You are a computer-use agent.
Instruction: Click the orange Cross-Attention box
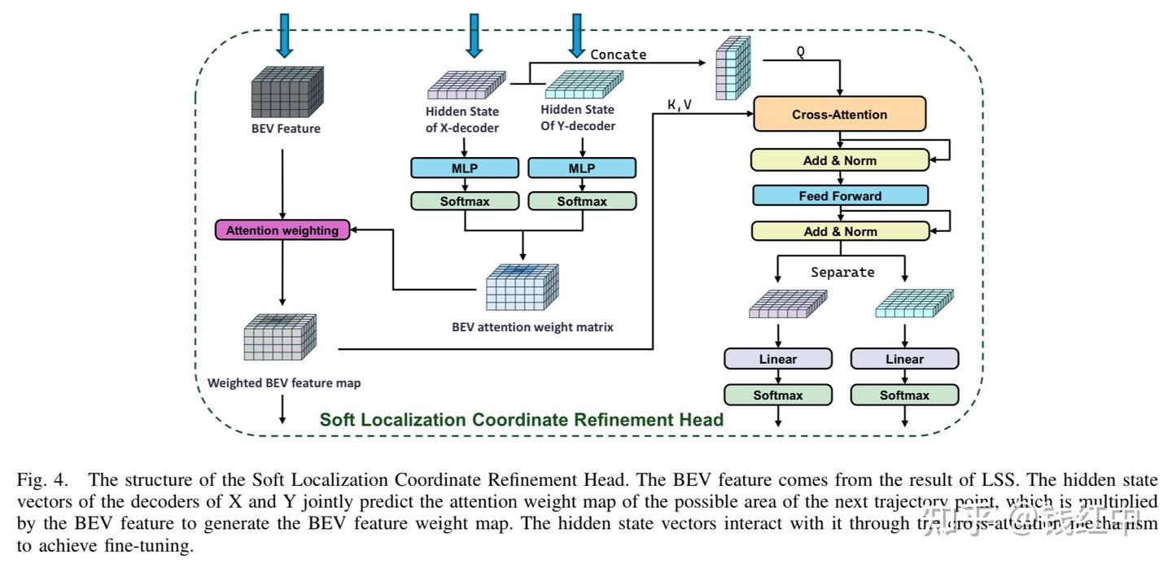839,114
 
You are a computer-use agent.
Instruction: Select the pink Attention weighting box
282,230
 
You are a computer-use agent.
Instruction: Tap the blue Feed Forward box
839,195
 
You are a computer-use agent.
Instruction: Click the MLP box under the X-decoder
464,168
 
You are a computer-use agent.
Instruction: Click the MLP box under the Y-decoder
581,168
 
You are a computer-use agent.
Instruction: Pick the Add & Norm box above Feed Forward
839,160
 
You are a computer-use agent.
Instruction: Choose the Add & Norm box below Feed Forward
839,231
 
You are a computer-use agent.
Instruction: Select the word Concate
618,55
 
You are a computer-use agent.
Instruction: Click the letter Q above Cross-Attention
801,51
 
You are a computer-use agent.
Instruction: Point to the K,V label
679,104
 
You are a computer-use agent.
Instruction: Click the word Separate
842,272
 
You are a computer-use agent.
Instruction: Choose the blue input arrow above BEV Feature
284,35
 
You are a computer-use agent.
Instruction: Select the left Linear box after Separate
778,359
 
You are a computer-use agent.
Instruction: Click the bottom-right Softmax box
904,395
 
